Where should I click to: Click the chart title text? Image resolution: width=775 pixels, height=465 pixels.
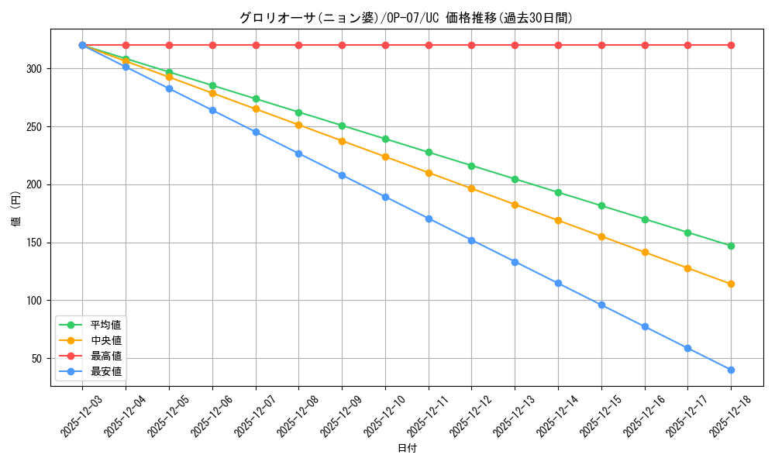click(406, 18)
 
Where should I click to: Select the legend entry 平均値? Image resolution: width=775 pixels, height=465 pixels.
click(105, 325)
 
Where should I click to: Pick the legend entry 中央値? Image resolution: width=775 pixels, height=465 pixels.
click(105, 340)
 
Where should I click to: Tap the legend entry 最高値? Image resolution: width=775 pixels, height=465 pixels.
click(105, 356)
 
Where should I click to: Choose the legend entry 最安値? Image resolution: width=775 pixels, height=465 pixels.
click(105, 371)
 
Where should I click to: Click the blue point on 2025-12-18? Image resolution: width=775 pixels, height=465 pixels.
click(731, 370)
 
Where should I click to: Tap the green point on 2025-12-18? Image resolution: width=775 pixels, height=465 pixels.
click(731, 246)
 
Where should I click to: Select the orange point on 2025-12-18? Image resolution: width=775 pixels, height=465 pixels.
click(731, 284)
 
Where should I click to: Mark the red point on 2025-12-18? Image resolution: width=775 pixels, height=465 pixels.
click(731, 45)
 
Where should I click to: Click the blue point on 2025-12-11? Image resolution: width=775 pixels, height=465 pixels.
click(429, 219)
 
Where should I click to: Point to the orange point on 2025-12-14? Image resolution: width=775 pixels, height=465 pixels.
click(558, 220)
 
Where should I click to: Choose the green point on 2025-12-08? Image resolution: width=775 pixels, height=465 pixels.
click(298, 112)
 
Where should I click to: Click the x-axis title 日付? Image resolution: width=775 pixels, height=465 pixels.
click(407, 449)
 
